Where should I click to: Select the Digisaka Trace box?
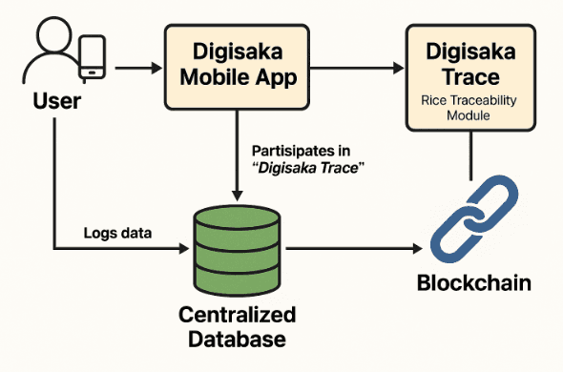[x=467, y=76]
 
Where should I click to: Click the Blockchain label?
[x=472, y=283]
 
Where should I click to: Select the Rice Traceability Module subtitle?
[x=467, y=107]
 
